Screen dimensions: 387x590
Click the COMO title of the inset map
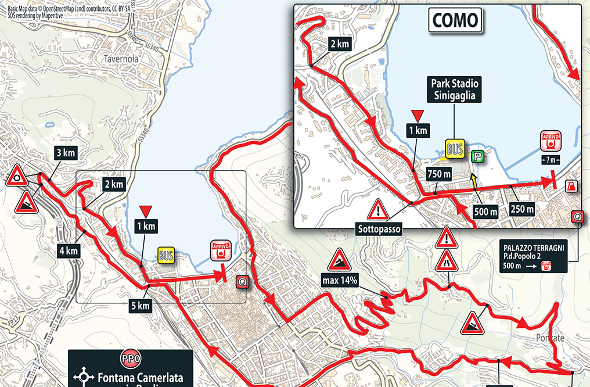[x=455, y=21]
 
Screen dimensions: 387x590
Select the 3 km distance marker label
[x=64, y=153]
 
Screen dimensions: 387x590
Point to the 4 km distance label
[x=68, y=251]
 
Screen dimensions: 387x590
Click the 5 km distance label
[x=139, y=306]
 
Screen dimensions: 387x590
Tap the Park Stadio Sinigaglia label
[x=455, y=89]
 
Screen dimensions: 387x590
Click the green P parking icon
[x=477, y=156]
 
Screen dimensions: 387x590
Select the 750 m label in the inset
[x=440, y=174]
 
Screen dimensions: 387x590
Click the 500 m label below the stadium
[x=485, y=212]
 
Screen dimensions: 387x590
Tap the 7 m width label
[x=550, y=160]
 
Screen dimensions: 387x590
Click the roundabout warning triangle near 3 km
[x=17, y=175]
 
